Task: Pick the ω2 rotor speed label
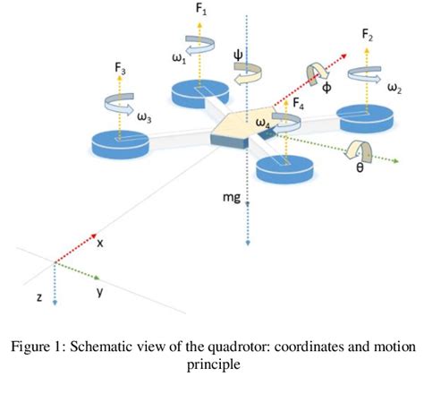coord(394,90)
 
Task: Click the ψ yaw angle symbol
coord(237,53)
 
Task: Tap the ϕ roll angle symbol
coord(326,89)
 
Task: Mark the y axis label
coord(98,291)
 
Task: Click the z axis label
coord(39,295)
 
